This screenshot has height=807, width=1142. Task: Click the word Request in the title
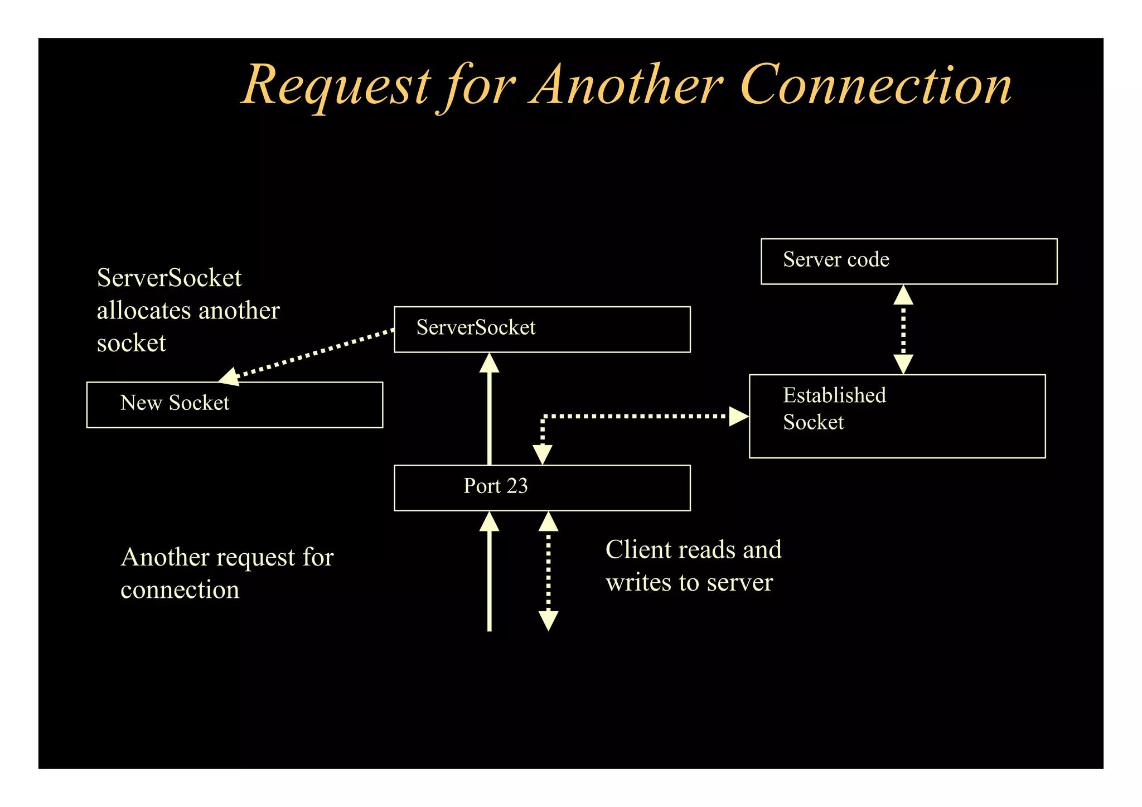(337, 85)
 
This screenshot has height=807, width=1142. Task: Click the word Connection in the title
(875, 85)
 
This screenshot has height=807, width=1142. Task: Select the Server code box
(908, 261)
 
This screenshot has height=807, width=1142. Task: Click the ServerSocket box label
(476, 327)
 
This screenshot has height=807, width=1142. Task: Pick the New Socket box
(234, 404)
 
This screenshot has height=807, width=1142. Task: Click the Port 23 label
(495, 486)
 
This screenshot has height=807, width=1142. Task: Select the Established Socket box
(897, 416)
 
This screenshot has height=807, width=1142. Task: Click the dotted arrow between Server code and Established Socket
(903, 330)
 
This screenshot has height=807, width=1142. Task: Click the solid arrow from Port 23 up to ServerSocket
(489, 413)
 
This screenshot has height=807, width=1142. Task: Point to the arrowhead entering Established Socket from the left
(738, 416)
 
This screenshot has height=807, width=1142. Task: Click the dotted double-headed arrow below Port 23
(548, 572)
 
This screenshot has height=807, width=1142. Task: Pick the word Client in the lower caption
(638, 550)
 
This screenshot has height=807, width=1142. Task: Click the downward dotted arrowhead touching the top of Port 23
(542, 455)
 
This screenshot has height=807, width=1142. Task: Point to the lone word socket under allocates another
(132, 343)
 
